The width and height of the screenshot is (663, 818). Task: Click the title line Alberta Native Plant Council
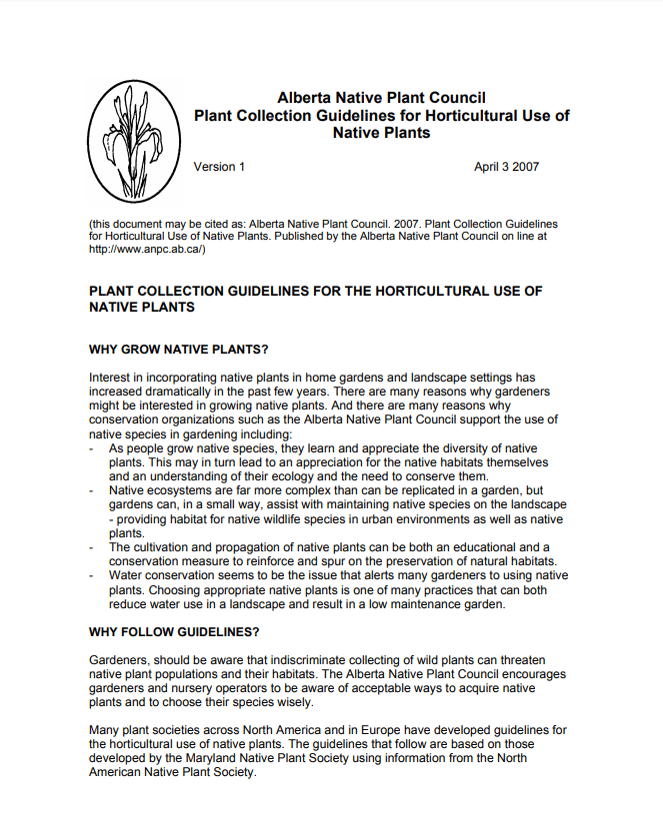pos(381,98)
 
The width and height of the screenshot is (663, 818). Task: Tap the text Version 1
pos(219,167)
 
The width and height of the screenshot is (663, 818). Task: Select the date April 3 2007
pos(506,167)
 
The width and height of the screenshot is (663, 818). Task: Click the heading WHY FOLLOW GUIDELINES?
pos(174,631)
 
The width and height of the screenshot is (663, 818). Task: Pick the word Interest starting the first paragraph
pos(111,378)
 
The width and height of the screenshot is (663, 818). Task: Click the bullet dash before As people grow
pos(93,449)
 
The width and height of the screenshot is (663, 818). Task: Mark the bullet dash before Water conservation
pos(93,575)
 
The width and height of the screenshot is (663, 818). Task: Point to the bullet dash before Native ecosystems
pos(93,491)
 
